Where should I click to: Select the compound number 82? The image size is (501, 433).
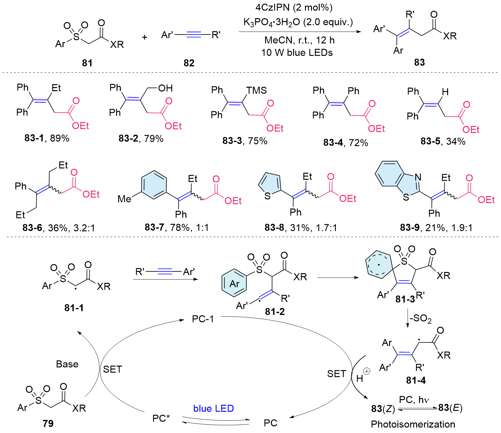pyautogui.click(x=189, y=63)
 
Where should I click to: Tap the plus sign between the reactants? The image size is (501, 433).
pyautogui.click(x=144, y=37)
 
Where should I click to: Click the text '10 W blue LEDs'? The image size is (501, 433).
pyautogui.click(x=297, y=53)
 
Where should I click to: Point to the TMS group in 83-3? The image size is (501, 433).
pyautogui.click(x=256, y=91)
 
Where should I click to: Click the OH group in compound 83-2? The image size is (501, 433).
pyautogui.click(x=165, y=88)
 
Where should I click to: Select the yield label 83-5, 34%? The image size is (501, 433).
pyautogui.click(x=443, y=141)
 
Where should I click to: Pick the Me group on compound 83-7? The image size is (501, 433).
pyautogui.click(x=124, y=199)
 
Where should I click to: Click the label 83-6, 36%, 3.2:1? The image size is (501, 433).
pyautogui.click(x=59, y=228)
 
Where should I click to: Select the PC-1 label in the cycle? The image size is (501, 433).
pyautogui.click(x=203, y=319)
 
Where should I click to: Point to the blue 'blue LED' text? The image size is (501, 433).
pyautogui.click(x=214, y=408)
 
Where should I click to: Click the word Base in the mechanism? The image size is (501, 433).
pyautogui.click(x=67, y=364)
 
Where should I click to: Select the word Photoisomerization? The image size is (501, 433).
pyautogui.click(x=413, y=424)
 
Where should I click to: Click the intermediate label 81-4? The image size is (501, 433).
pyautogui.click(x=416, y=380)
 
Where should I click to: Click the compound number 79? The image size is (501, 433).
pyautogui.click(x=48, y=423)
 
